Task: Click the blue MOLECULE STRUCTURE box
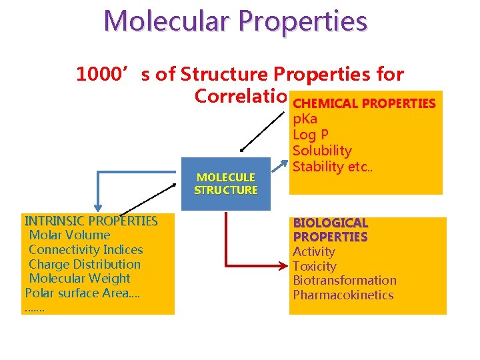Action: (x=225, y=183)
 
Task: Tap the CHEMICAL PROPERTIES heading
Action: (x=364, y=104)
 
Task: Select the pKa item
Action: (x=305, y=119)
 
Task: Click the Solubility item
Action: (x=322, y=151)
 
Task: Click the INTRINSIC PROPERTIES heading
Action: (x=91, y=221)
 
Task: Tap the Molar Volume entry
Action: (x=70, y=235)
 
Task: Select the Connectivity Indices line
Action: (x=86, y=250)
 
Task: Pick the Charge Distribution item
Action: (x=85, y=264)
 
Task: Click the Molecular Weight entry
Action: (x=80, y=279)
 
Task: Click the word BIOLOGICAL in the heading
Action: (x=331, y=223)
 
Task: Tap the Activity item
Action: (x=314, y=252)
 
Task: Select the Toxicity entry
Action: (x=315, y=267)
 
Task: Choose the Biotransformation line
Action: (x=345, y=281)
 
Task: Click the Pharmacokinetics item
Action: (x=343, y=295)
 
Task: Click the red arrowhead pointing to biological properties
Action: (x=282, y=267)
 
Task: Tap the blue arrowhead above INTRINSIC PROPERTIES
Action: (x=99, y=207)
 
